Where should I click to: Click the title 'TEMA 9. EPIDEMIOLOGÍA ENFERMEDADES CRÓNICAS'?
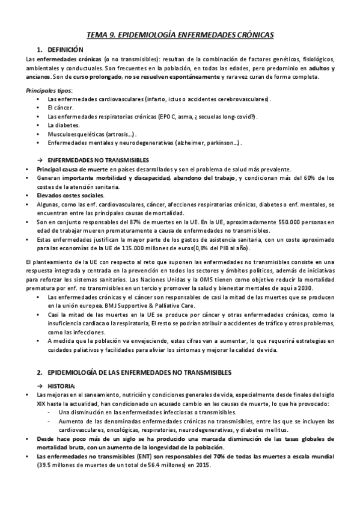[180, 35]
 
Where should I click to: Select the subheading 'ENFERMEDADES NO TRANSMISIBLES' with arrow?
[97, 160]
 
